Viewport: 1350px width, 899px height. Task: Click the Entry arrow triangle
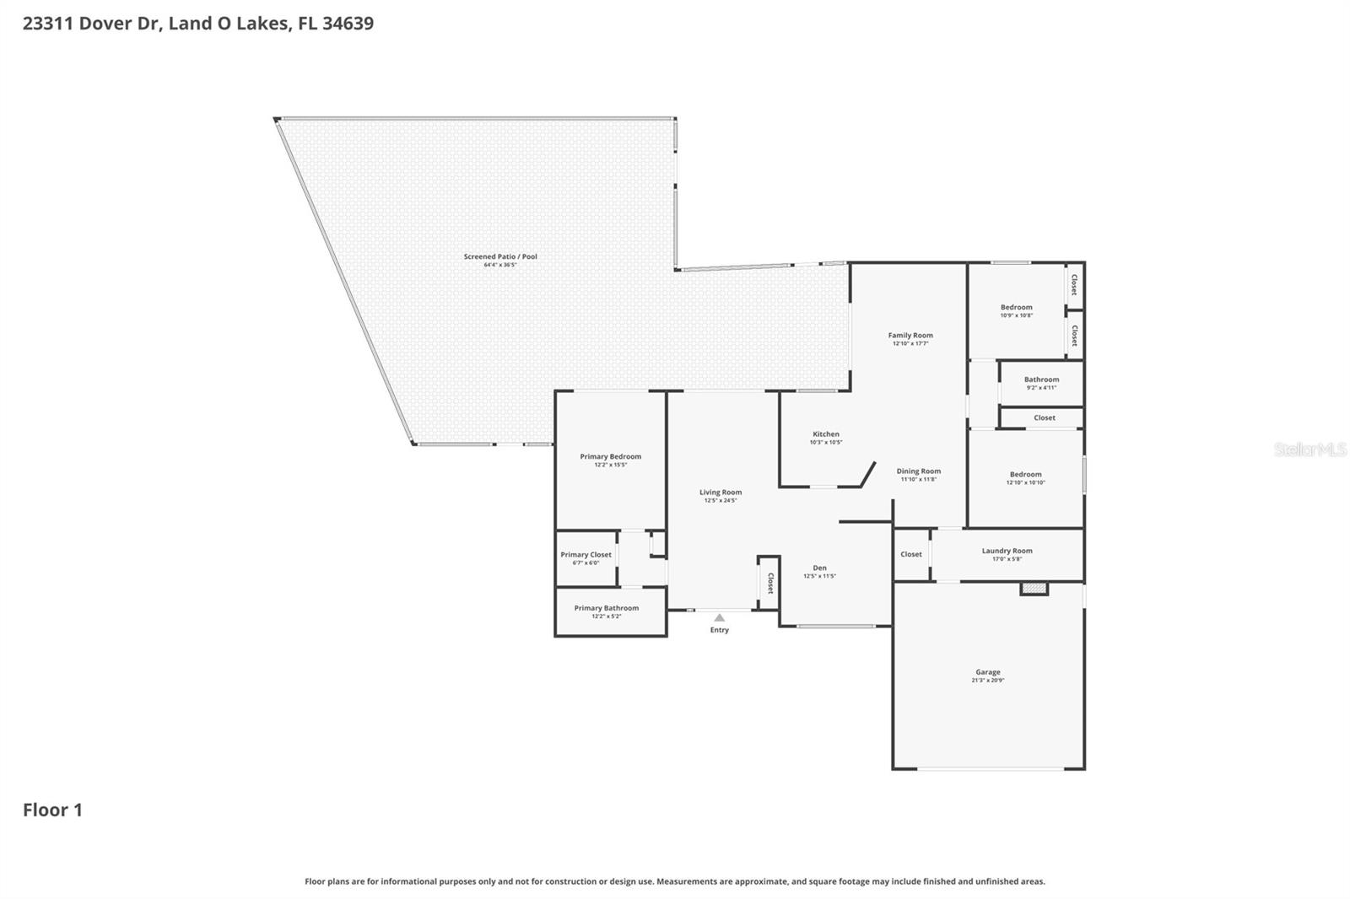pos(719,618)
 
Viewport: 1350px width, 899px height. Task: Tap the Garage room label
pos(988,672)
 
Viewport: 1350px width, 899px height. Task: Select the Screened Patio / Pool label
pos(500,256)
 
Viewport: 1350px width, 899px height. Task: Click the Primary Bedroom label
pos(610,456)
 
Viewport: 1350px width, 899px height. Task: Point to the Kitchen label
pos(826,434)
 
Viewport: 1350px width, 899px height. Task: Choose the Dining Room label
pos(918,471)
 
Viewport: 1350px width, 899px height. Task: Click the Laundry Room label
pos(1007,551)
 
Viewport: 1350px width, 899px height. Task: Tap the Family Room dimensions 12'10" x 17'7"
pos(910,344)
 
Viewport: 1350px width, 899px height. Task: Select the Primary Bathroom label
pos(606,608)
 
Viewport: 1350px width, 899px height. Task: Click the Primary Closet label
pos(586,555)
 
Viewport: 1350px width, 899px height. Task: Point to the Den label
pos(819,568)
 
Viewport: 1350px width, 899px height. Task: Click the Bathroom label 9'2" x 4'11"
pos(1041,383)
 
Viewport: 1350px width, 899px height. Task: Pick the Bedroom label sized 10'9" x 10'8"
pos(1016,307)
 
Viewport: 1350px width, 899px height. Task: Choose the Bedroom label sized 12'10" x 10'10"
pos(1025,475)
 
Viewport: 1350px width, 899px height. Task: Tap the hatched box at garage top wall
pos(1034,588)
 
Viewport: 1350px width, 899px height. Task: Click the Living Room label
pos(721,493)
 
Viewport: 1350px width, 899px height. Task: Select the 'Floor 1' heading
pos(52,810)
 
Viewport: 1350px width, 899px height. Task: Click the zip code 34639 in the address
pos(348,23)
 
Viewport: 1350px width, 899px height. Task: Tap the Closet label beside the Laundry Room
pos(911,554)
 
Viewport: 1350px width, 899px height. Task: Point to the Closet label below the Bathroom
pos(1045,417)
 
